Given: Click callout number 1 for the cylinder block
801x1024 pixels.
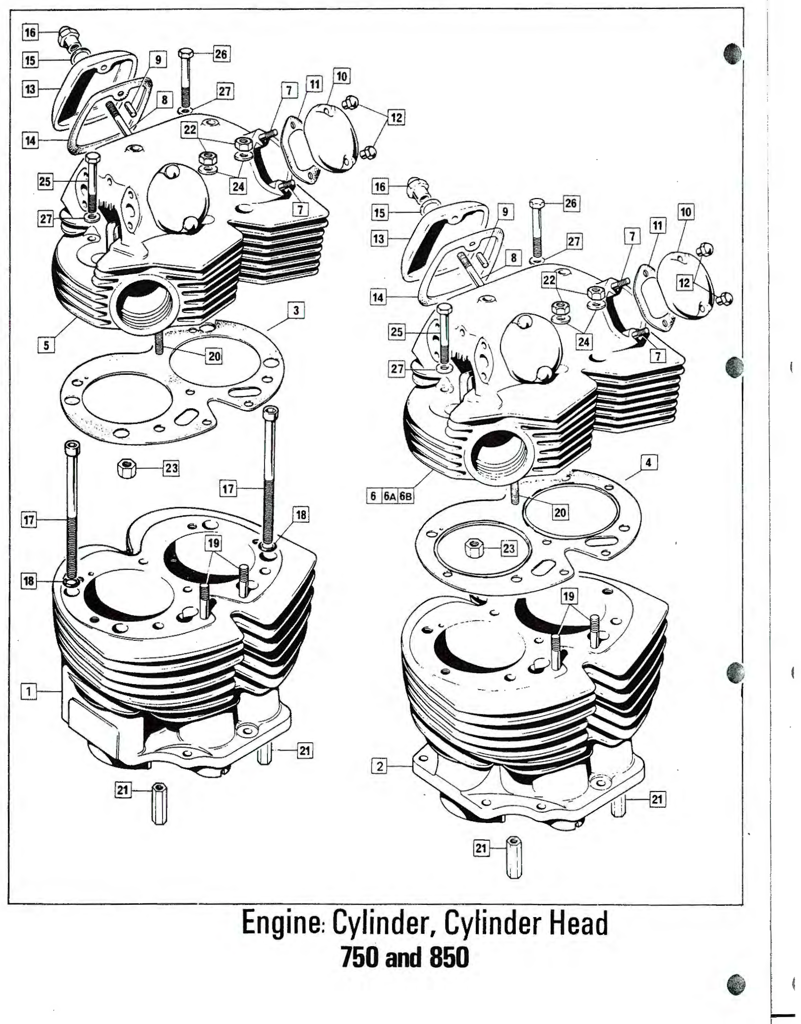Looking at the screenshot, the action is coord(29,691).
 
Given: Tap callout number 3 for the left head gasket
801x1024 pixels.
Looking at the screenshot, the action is coord(296,311).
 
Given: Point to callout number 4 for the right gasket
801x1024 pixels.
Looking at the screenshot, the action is coord(648,462).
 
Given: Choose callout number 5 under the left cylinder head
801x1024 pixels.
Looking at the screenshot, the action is coord(46,345).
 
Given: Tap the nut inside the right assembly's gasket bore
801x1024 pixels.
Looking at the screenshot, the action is coord(474,548).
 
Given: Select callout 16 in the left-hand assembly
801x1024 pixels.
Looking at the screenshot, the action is coord(30,33).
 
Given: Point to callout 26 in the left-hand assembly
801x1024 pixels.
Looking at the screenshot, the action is coord(221,54).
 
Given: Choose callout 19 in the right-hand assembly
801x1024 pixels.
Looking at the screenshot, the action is coord(568,596).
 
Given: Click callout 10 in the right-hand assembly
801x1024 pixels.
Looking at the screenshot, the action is coord(686,212).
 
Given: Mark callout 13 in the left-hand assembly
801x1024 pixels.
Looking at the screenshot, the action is coord(30,90).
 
